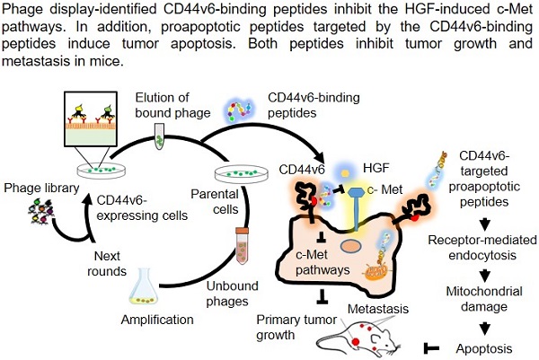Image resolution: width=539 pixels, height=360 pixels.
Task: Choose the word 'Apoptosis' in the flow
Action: (491, 346)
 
